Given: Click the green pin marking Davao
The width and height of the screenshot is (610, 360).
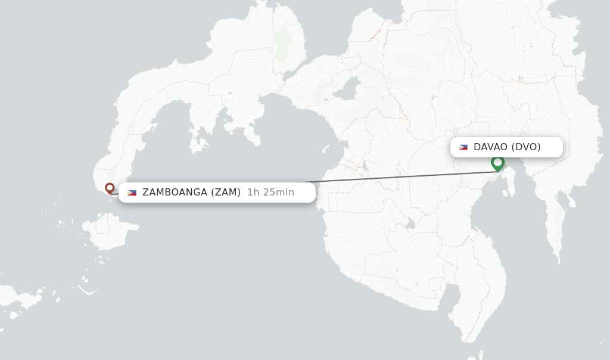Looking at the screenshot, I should (x=497, y=163).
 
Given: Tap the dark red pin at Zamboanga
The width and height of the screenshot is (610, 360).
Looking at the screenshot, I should (x=110, y=188).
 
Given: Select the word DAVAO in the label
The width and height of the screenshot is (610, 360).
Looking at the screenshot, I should (x=490, y=147).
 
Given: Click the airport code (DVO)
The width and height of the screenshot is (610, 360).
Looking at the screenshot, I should (x=525, y=147).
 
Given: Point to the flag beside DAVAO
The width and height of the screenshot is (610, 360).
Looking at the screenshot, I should (x=463, y=147).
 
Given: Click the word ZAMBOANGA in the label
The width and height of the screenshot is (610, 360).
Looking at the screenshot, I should (x=175, y=193).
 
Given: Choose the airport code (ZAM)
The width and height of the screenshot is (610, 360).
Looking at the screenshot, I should (x=226, y=193).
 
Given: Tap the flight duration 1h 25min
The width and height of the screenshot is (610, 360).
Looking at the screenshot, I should (x=270, y=193).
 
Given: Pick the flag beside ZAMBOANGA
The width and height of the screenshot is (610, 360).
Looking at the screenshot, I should (x=132, y=193).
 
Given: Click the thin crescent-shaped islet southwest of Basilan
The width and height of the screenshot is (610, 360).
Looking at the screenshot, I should (x=88, y=291).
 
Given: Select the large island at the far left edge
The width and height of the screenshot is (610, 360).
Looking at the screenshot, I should (x=15, y=296).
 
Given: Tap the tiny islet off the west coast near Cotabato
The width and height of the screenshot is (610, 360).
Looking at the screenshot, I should (x=325, y=148).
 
